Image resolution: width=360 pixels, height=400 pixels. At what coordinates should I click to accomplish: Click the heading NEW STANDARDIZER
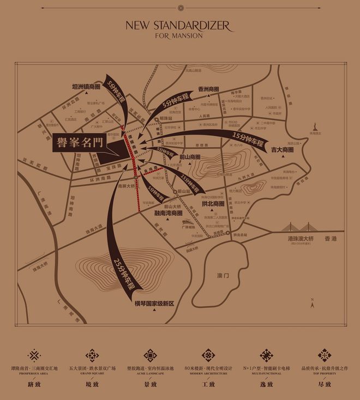click(179, 26)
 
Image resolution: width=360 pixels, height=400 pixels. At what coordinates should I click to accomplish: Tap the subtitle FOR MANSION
click(179, 36)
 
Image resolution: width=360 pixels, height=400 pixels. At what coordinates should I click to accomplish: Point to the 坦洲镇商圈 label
click(87, 86)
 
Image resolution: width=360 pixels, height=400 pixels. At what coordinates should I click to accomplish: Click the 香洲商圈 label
click(208, 89)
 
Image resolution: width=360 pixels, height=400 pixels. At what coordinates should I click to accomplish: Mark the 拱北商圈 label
click(213, 203)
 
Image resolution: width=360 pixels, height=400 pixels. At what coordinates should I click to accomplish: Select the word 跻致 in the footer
click(34, 385)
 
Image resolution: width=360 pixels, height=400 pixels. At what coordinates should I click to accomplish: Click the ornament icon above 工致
click(208, 355)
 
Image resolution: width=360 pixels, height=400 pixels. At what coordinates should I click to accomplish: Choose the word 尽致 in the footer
click(325, 385)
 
